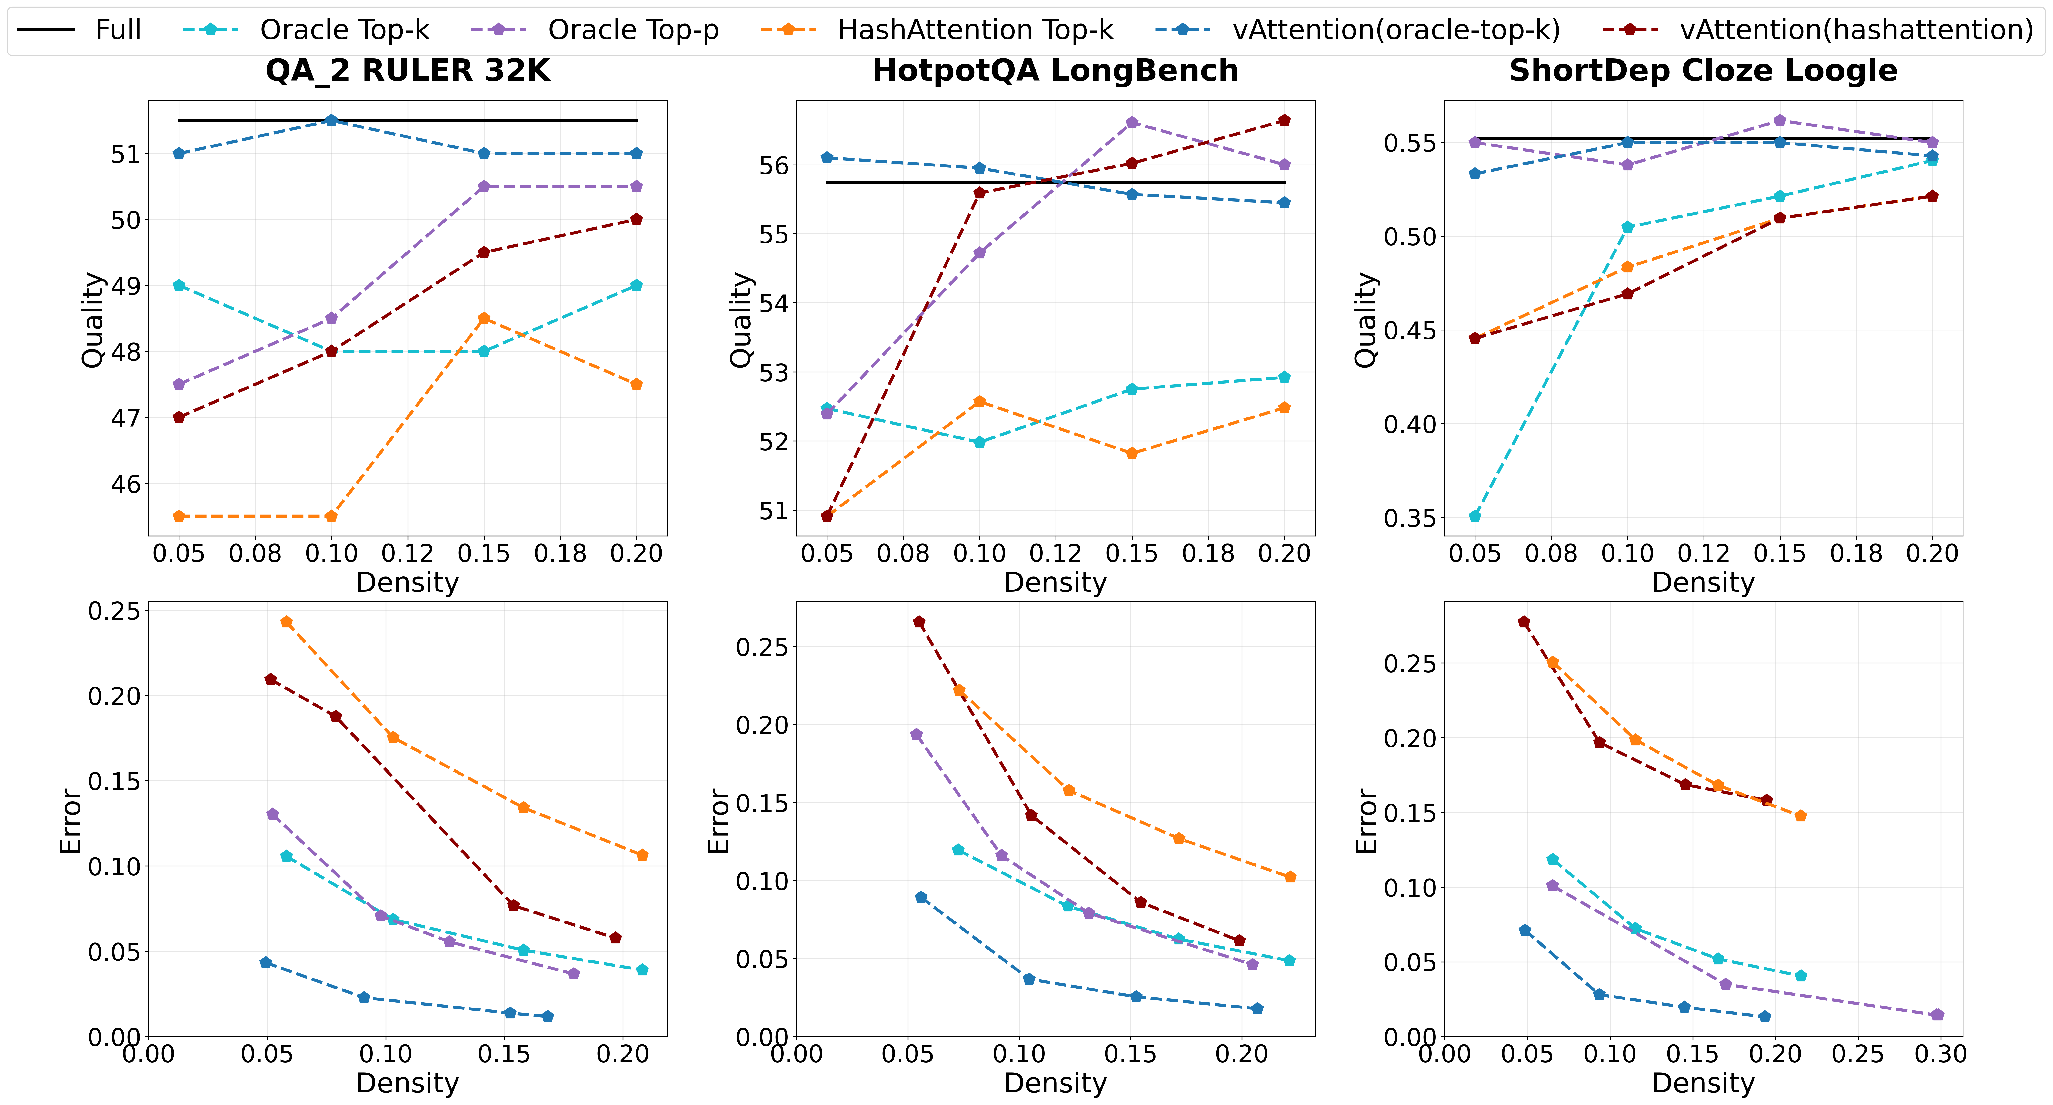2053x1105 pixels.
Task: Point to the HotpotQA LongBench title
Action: point(1055,71)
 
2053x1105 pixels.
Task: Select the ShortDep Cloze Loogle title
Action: point(1703,71)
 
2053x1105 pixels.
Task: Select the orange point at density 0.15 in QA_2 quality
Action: point(484,318)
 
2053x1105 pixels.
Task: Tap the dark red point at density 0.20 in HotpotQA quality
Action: point(1284,120)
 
